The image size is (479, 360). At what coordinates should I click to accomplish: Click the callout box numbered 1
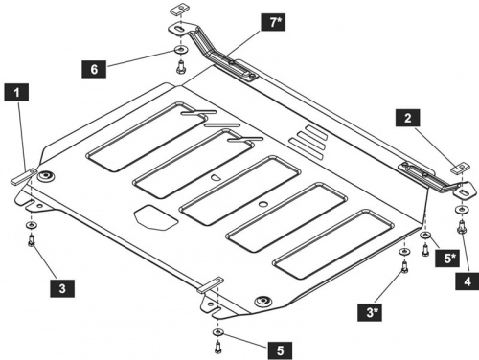tap(16, 92)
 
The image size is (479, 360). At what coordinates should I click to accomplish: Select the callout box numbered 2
tap(408, 118)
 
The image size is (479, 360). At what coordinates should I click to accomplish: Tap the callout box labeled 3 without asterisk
tap(62, 288)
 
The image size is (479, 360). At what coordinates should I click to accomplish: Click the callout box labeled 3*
tap(370, 312)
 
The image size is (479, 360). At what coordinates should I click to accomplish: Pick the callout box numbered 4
tap(468, 281)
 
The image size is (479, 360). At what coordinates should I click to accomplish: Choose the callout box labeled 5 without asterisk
tap(280, 350)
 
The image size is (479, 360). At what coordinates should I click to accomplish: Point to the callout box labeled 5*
tap(447, 258)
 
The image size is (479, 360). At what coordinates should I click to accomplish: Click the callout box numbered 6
tap(94, 69)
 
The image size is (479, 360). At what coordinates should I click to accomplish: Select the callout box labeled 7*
tap(273, 22)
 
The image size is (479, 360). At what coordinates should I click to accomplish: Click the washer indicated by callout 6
tap(181, 50)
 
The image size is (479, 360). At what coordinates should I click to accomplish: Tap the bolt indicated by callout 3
tap(32, 240)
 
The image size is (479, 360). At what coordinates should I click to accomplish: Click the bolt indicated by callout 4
tap(462, 227)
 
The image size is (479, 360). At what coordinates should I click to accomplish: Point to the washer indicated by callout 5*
tap(425, 236)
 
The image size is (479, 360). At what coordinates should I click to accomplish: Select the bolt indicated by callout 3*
tap(404, 267)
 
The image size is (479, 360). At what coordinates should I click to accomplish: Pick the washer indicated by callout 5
tap(217, 332)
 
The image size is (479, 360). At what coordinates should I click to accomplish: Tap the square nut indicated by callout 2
tap(460, 168)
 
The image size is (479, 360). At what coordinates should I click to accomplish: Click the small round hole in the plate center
tap(263, 204)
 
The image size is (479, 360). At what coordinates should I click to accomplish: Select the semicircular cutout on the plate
tap(216, 178)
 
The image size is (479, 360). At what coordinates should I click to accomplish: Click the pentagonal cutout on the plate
tap(155, 217)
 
